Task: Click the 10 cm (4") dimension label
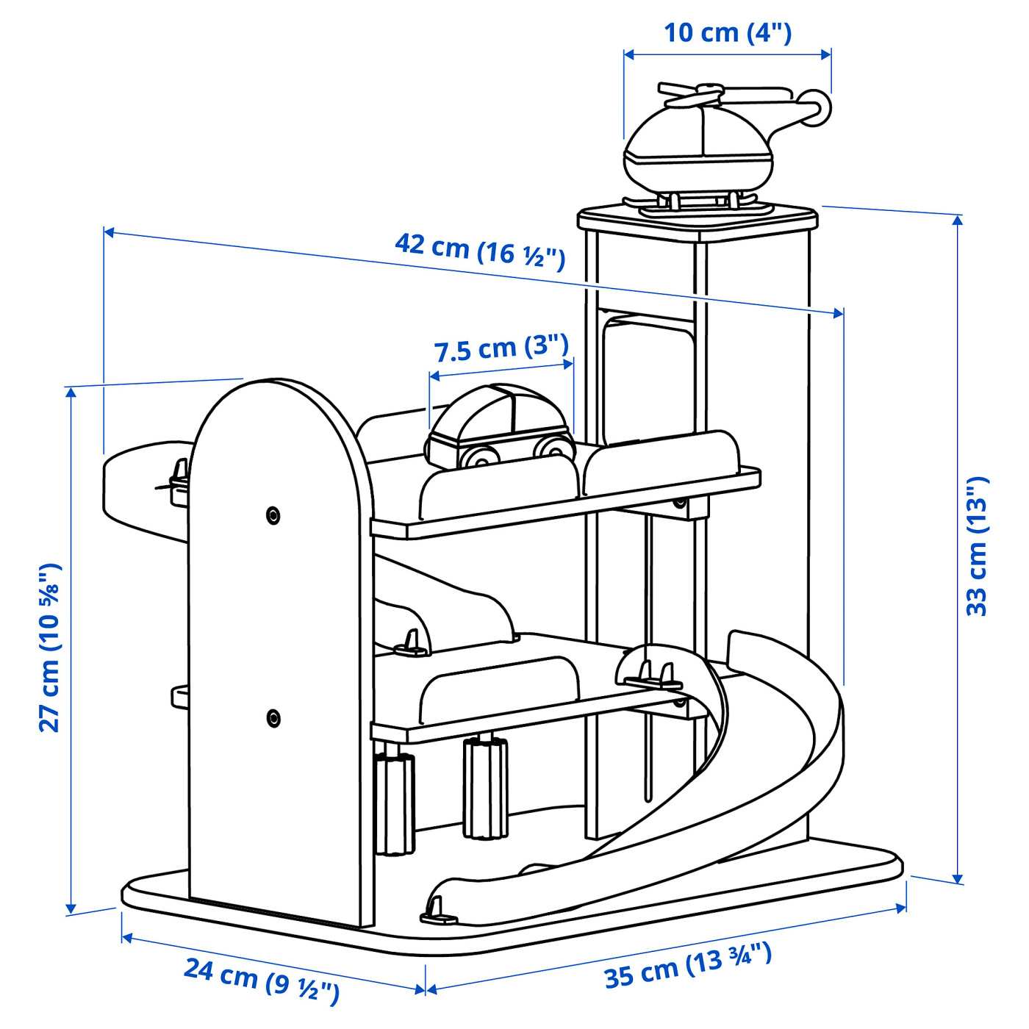728,33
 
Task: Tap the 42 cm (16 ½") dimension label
479,253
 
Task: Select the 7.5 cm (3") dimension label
501,349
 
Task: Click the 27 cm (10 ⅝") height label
50,648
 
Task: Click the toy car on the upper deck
499,428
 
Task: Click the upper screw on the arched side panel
273,515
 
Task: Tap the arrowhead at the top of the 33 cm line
958,220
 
